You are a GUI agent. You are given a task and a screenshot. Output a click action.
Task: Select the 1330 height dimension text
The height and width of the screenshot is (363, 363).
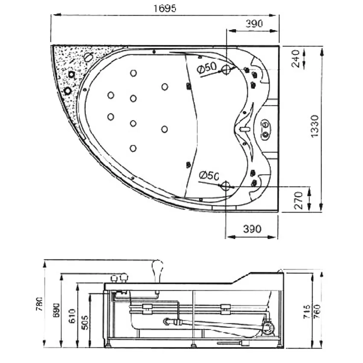tap(315, 126)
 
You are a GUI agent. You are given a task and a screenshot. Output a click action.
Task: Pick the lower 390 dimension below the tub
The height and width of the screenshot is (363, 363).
tap(252, 228)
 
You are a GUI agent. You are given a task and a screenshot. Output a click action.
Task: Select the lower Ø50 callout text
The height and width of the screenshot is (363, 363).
tap(209, 175)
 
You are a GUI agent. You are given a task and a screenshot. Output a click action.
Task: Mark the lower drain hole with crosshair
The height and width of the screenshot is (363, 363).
tap(225, 185)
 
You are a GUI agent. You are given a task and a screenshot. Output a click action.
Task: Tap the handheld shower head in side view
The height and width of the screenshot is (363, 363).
tap(158, 268)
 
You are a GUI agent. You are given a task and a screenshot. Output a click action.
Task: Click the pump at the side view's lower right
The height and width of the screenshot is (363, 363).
tap(268, 328)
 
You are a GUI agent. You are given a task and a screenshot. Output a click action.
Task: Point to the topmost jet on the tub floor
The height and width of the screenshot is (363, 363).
tap(133, 73)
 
